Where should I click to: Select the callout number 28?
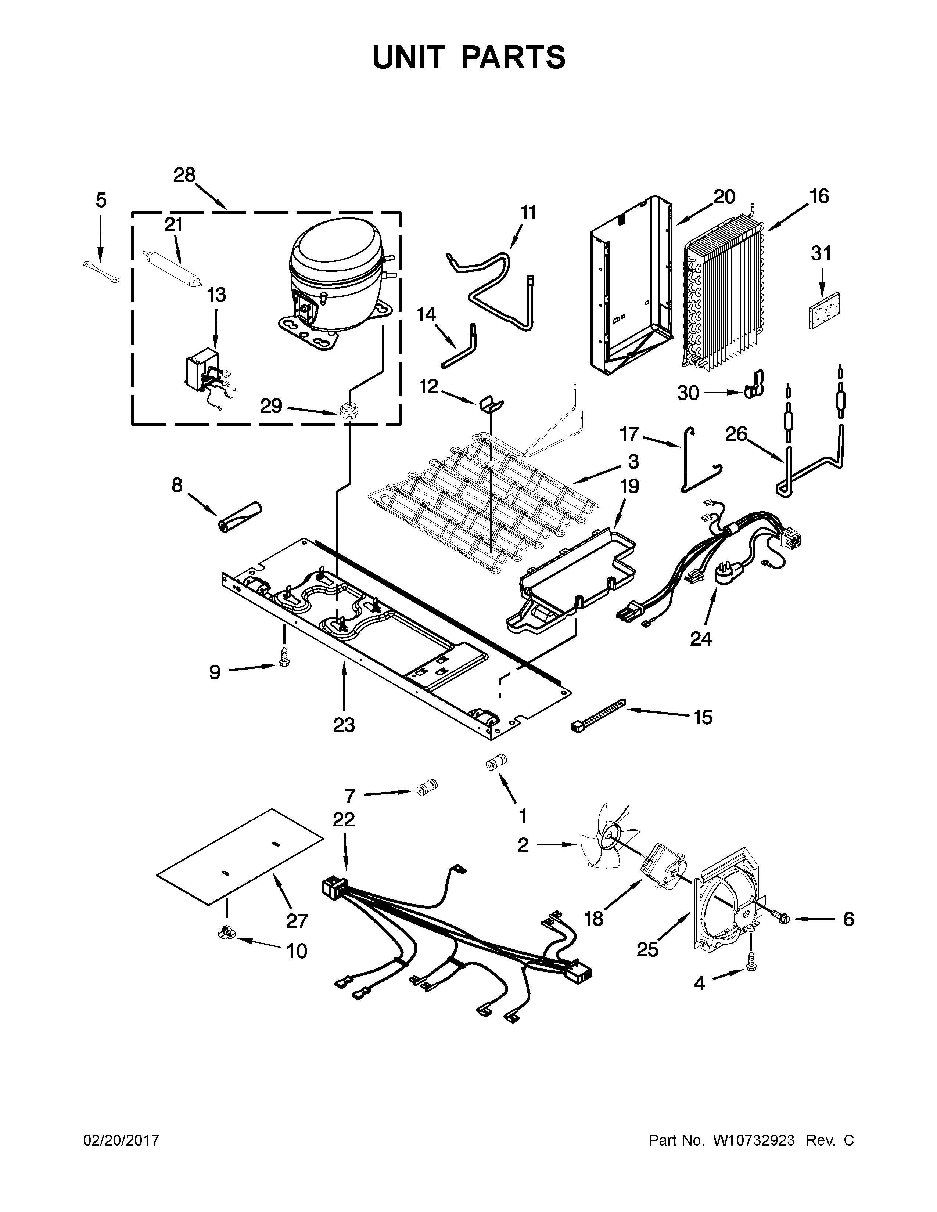[x=184, y=175]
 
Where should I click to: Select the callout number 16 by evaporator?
[x=819, y=196]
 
